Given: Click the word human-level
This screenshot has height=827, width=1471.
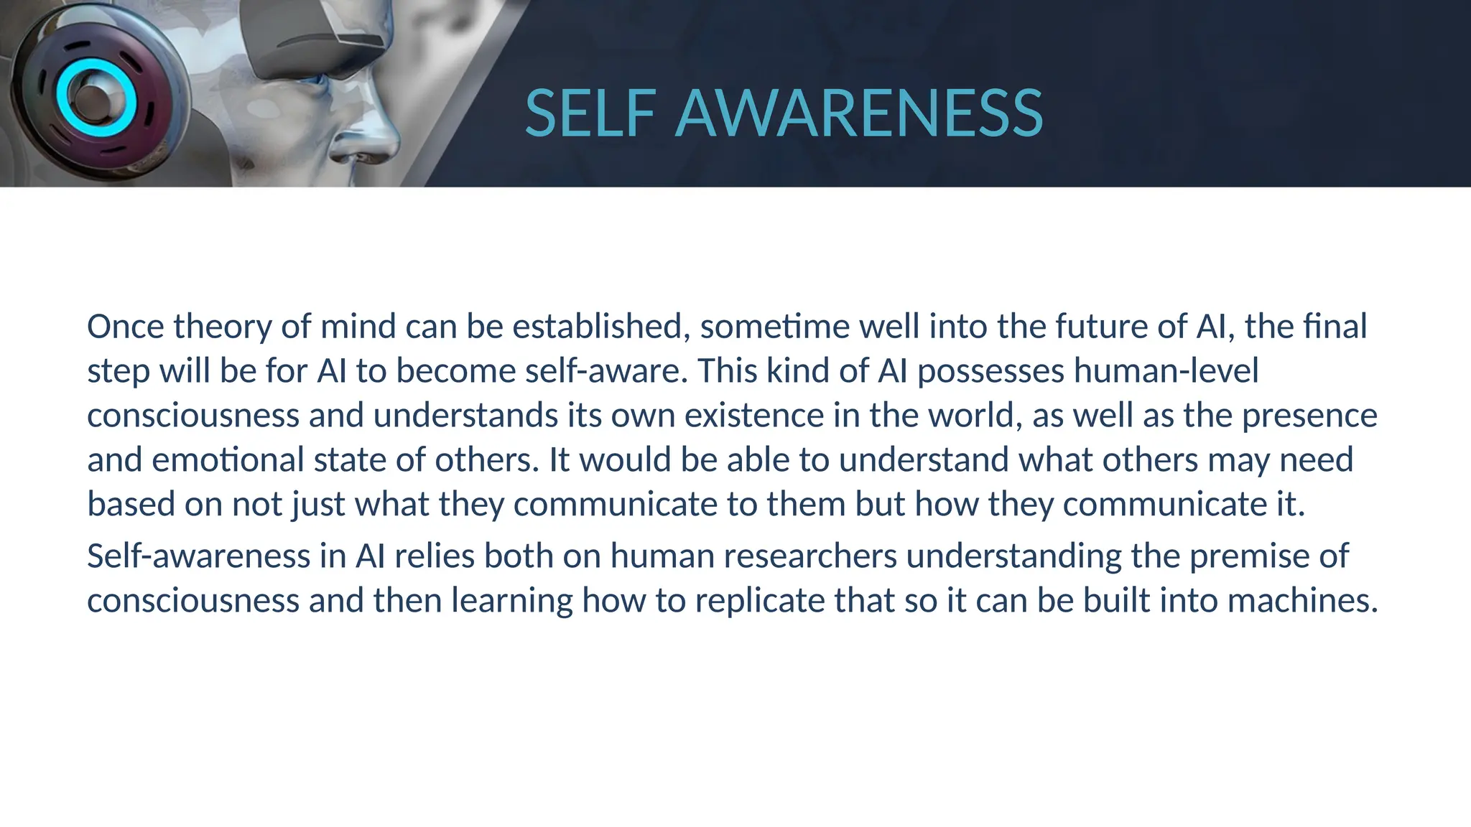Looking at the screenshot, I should tap(1166, 371).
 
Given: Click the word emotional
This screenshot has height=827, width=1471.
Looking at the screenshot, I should tap(228, 460).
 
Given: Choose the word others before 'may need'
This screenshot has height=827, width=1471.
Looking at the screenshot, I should tap(1150, 460).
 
